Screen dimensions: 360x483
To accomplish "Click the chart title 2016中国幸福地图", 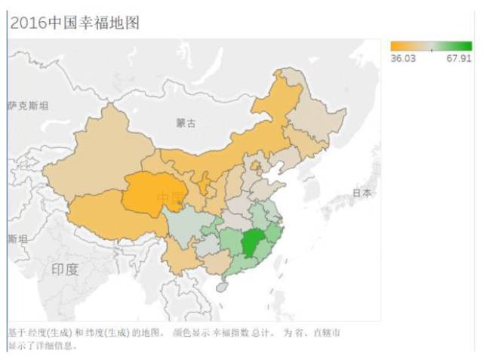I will [x=74, y=23].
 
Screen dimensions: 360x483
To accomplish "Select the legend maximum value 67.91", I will [x=458, y=58].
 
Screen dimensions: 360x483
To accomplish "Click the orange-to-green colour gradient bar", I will [x=431, y=47].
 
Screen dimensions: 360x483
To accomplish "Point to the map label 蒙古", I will [x=186, y=123].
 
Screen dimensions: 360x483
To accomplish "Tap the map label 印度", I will [x=64, y=269].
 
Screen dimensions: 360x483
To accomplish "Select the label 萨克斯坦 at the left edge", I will [x=28, y=106].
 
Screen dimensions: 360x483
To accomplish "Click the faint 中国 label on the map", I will [x=170, y=198].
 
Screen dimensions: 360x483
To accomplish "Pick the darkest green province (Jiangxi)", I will [x=254, y=243].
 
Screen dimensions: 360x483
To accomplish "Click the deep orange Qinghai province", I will [x=151, y=192].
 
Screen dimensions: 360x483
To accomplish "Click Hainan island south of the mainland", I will [x=221, y=287].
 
